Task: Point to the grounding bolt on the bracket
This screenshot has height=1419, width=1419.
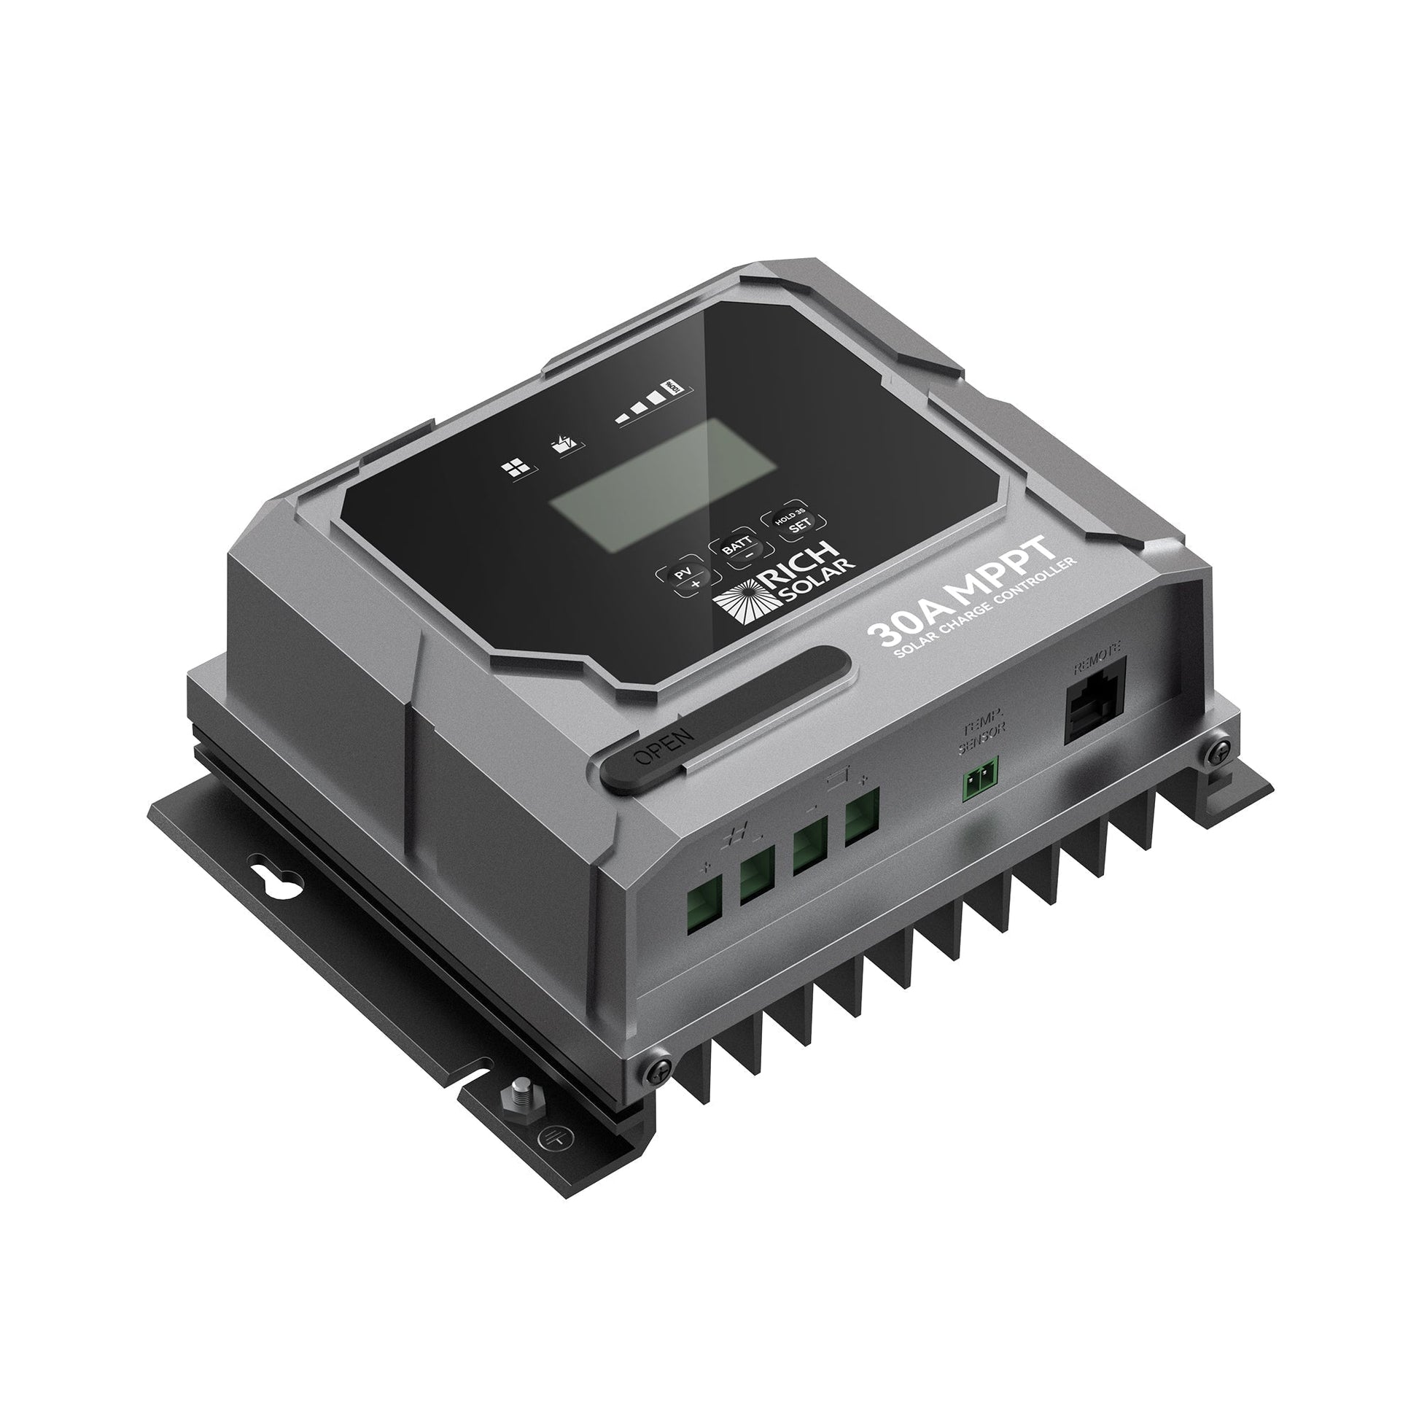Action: point(515,1116)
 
